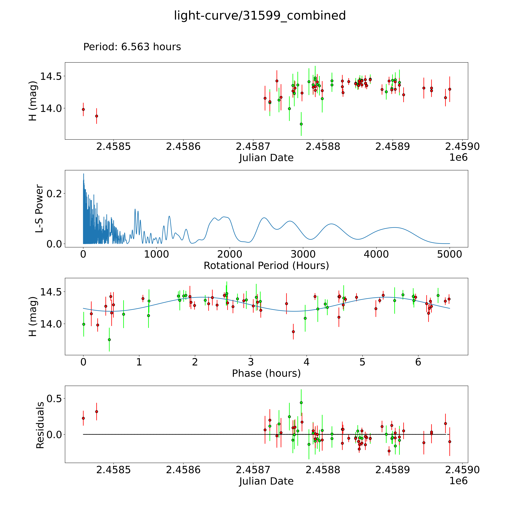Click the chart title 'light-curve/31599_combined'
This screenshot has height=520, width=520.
click(x=260, y=16)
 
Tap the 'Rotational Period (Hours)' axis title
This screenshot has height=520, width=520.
click(x=266, y=266)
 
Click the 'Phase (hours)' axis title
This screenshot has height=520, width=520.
click(x=266, y=373)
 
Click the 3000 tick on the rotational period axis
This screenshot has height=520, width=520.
click(x=303, y=254)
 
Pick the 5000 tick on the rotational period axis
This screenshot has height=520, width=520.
click(x=450, y=254)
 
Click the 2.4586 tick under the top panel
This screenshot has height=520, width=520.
click(x=183, y=147)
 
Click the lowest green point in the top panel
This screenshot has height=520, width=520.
click(x=301, y=124)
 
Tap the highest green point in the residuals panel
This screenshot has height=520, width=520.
click(x=301, y=403)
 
